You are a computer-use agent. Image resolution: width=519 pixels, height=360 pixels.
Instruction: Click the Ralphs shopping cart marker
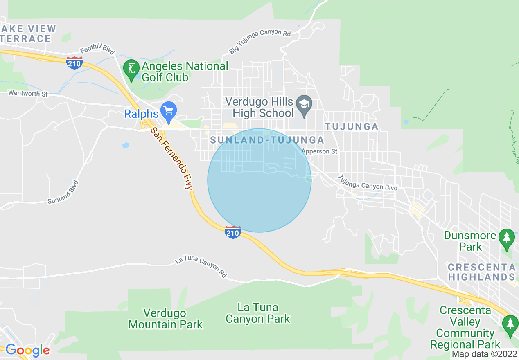(168, 110)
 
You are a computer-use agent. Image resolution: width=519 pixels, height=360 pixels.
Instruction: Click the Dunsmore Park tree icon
(507, 237)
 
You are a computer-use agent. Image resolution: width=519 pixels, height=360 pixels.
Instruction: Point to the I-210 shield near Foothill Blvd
(74, 63)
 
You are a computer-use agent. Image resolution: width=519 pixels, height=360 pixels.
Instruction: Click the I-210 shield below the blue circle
(232, 232)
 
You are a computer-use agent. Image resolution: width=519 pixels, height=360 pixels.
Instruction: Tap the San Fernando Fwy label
(171, 158)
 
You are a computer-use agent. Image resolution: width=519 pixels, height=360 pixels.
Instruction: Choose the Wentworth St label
(28, 94)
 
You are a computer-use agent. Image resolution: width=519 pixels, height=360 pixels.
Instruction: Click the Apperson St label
(319, 151)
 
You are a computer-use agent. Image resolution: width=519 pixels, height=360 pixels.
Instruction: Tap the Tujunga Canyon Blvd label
(368, 182)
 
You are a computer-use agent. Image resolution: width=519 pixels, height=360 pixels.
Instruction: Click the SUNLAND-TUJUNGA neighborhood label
(267, 140)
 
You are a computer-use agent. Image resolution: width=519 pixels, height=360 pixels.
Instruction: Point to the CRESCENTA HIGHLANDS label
(481, 272)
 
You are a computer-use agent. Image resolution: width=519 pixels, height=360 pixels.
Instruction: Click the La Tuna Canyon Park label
(258, 313)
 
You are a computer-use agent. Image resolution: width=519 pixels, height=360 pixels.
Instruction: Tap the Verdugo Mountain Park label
(165, 319)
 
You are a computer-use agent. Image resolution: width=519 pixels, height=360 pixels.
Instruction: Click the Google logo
(27, 350)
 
